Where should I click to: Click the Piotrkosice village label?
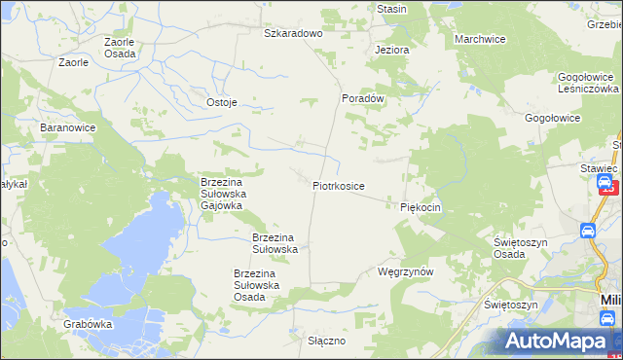pyautogui.click(x=339, y=185)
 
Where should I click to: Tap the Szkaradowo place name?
pyautogui.click(x=293, y=33)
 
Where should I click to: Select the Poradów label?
pyautogui.click(x=364, y=98)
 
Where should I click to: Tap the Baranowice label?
pyautogui.click(x=66, y=127)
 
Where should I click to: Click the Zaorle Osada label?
pyautogui.click(x=120, y=48)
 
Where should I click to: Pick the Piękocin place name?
pyautogui.click(x=421, y=207)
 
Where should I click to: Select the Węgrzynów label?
pyautogui.click(x=404, y=272)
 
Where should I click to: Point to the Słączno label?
pyautogui.click(x=327, y=342)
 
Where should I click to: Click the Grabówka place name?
pyautogui.click(x=88, y=323)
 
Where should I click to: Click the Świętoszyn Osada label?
pyautogui.click(x=523, y=248)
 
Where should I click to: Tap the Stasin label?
pyautogui.click(x=391, y=9)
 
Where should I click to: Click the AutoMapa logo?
pyautogui.click(x=555, y=341)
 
